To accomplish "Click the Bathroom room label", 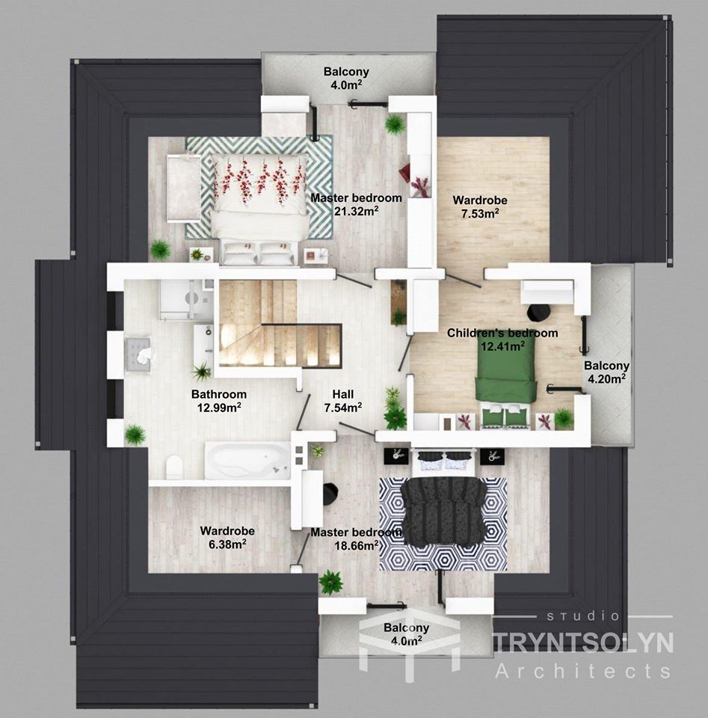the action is click(x=219, y=400).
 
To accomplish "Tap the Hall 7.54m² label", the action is click(x=343, y=401).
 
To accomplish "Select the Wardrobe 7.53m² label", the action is click(x=480, y=206).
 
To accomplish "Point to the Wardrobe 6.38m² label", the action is click(x=227, y=537).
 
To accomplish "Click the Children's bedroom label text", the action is click(x=502, y=333).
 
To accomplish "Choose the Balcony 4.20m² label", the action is click(x=606, y=372).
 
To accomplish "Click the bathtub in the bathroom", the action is click(x=247, y=460).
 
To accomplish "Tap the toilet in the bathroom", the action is click(x=174, y=467).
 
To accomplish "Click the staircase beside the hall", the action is click(x=280, y=323).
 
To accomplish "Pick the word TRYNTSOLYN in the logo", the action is click(x=583, y=642).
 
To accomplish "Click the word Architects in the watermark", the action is click(x=583, y=672).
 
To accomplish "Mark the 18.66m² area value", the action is click(x=357, y=545).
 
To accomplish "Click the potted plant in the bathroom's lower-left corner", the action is click(x=135, y=435).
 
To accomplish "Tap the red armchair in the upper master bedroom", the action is click(x=404, y=174).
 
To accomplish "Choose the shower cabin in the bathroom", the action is click(x=186, y=299).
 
